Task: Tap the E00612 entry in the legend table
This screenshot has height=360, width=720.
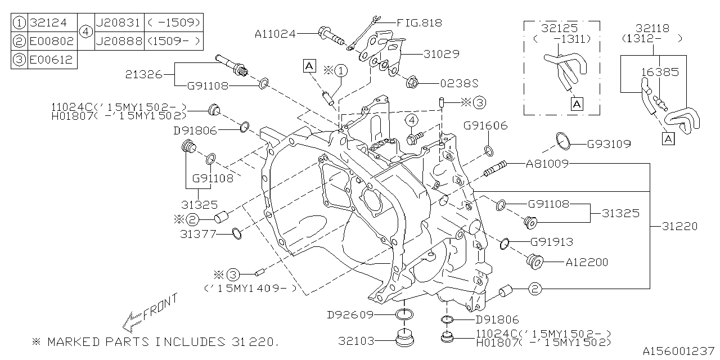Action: (51, 60)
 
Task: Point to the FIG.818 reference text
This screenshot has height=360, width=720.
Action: (419, 23)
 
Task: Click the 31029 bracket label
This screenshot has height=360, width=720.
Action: (442, 54)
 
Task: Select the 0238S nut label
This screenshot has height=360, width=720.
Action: (459, 83)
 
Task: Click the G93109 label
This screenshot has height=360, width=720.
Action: (609, 144)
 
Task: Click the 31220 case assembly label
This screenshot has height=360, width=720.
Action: (679, 226)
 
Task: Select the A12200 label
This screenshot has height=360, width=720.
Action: (587, 262)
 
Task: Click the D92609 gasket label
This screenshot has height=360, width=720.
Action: (350, 314)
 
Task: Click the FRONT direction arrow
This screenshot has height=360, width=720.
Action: (135, 321)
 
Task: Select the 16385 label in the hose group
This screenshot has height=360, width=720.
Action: (660, 72)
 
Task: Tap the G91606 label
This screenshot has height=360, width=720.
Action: (486, 125)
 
